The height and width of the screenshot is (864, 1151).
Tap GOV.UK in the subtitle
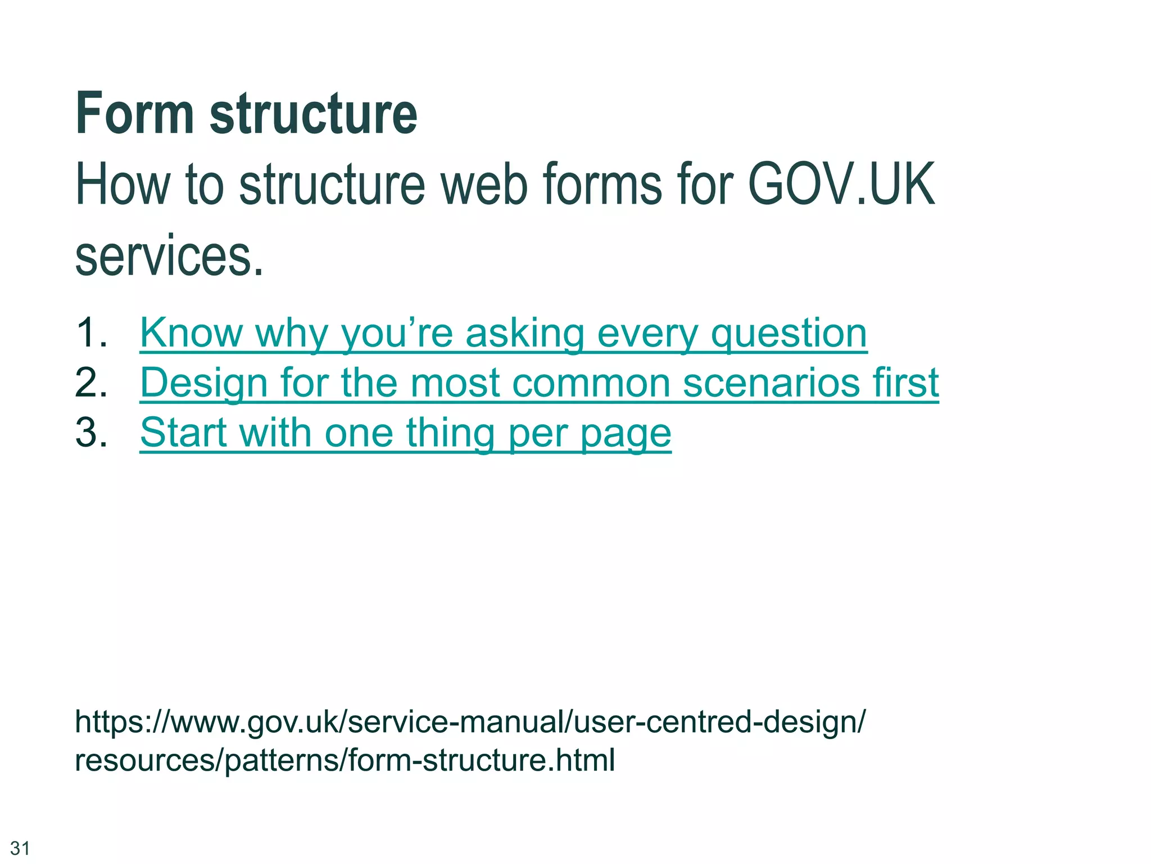841,184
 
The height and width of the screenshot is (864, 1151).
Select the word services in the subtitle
169,256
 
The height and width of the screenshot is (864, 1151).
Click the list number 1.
90,332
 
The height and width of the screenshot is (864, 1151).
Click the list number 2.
90,382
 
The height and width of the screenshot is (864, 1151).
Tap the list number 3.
90,433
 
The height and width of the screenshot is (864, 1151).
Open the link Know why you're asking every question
503,333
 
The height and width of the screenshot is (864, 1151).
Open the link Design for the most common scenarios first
539,383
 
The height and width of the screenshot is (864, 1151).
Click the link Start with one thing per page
405,433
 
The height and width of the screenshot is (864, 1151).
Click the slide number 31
20,848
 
